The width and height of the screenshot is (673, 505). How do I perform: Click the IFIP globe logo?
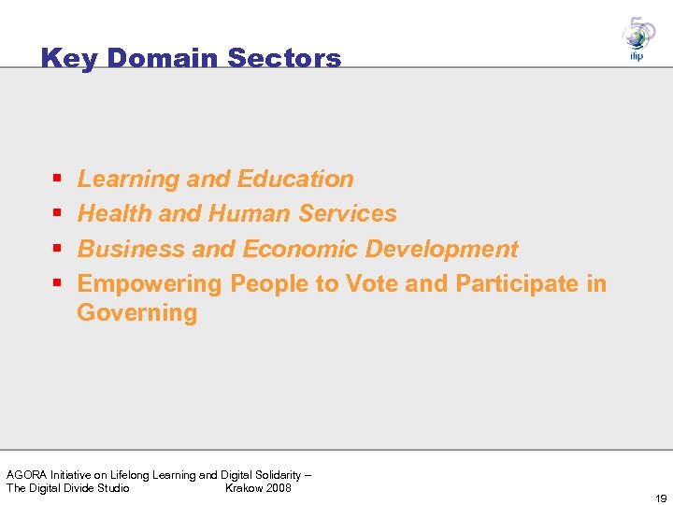click(638, 38)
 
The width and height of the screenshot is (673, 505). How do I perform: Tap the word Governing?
click(137, 312)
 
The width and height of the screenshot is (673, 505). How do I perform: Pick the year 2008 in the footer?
click(278, 488)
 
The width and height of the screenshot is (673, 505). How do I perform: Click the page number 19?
click(661, 498)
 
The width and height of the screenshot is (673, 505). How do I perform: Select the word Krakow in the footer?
click(243, 488)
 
